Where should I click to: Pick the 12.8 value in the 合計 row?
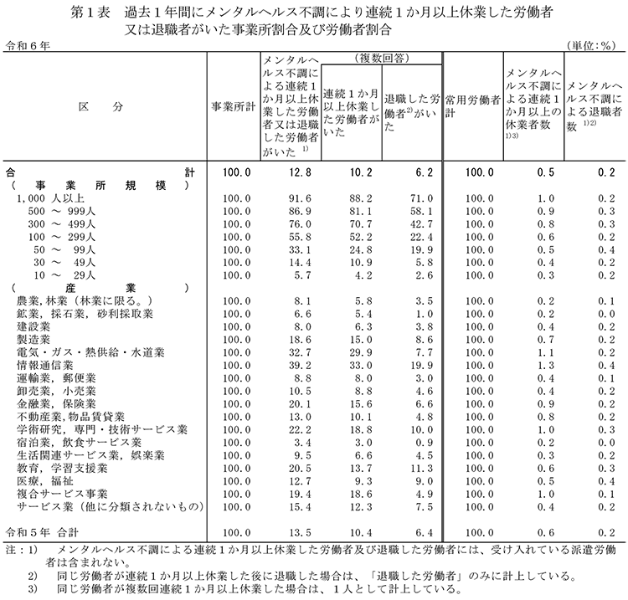[291, 172]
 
